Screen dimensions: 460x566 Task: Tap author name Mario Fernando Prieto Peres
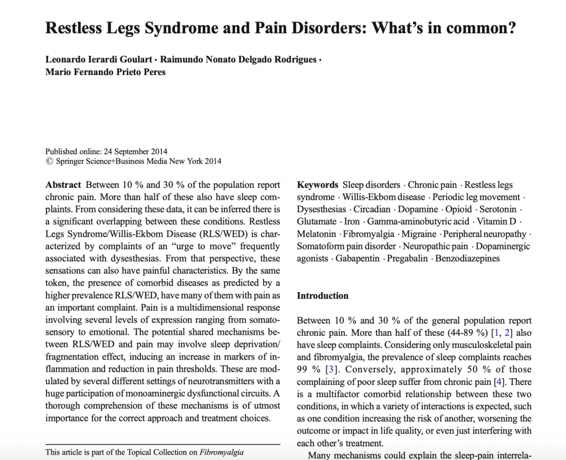(x=106, y=72)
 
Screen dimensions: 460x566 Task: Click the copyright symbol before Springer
(x=49, y=161)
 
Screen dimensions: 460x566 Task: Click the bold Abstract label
(x=63, y=185)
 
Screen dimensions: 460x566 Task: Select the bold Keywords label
(x=317, y=185)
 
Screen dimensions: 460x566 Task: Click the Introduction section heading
(x=323, y=295)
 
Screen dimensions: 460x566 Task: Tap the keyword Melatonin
(x=317, y=234)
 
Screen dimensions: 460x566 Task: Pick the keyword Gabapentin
(x=359, y=258)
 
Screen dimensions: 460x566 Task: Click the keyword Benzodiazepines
(x=468, y=258)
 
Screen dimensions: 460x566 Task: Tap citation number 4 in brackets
(x=496, y=382)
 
